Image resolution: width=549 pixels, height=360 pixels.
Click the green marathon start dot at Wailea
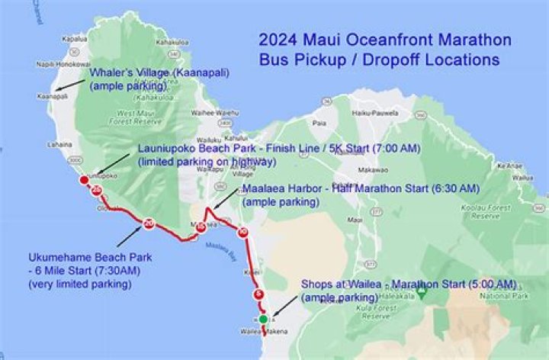263,319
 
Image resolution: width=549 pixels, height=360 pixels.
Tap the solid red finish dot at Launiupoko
84,180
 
